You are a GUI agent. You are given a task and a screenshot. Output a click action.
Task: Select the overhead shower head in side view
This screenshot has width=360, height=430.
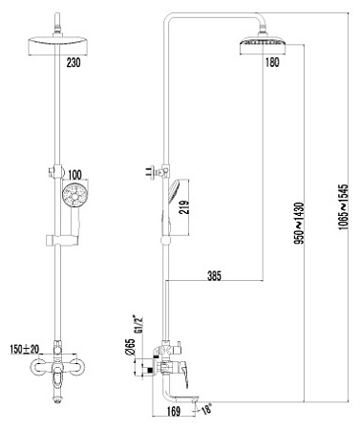260,45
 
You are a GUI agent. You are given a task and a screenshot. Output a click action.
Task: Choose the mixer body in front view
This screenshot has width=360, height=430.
62,368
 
